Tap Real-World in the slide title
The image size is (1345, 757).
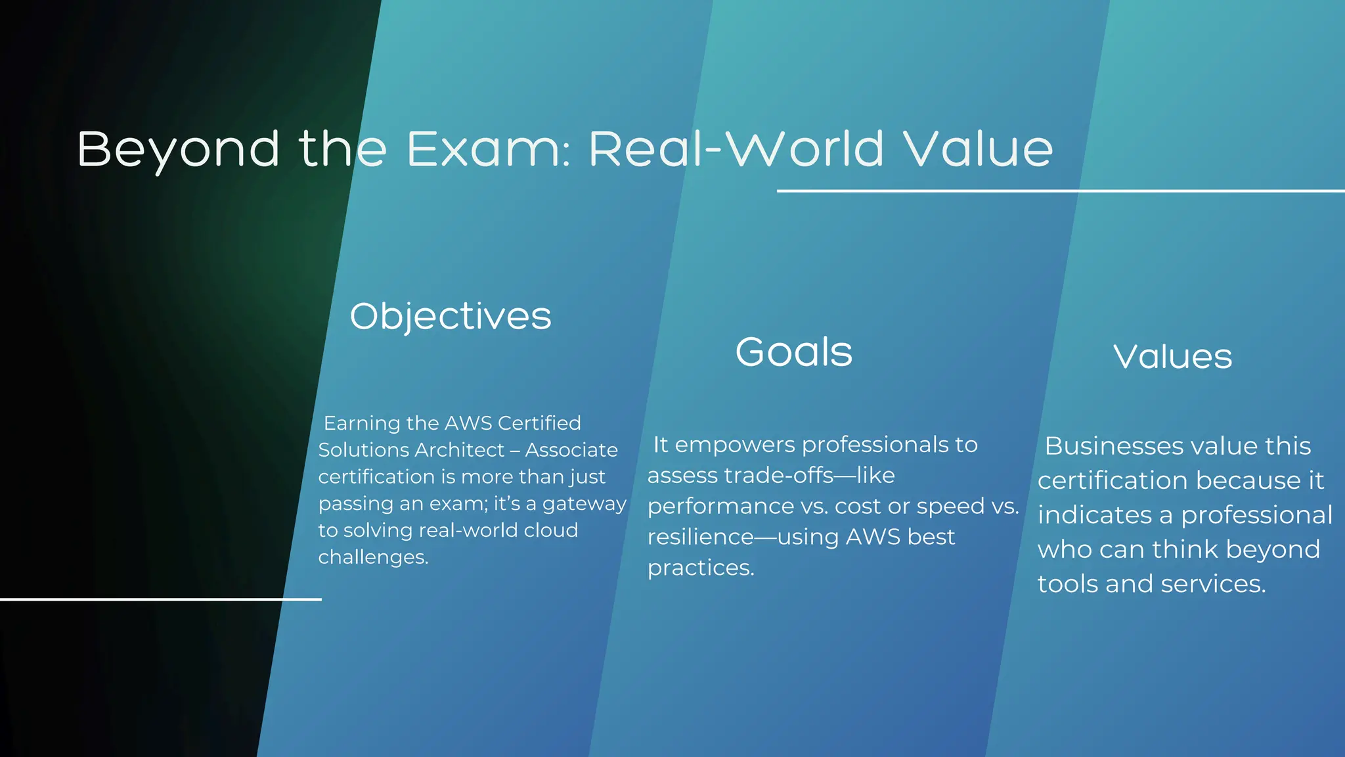pyautogui.click(x=736, y=149)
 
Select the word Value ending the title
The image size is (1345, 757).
pyautogui.click(x=978, y=149)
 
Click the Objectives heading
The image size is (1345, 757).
pyautogui.click(x=451, y=316)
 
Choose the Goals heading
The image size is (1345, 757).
pyautogui.click(x=793, y=352)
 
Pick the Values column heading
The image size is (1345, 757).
pyautogui.click(x=1172, y=357)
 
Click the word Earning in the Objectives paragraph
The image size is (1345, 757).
pyautogui.click(x=362, y=423)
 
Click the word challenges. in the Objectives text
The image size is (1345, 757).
pyautogui.click(x=373, y=557)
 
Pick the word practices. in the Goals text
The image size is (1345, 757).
pyautogui.click(x=701, y=568)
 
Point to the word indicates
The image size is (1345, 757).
pyautogui.click(x=1094, y=515)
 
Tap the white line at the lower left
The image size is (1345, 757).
pyautogui.click(x=160, y=599)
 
